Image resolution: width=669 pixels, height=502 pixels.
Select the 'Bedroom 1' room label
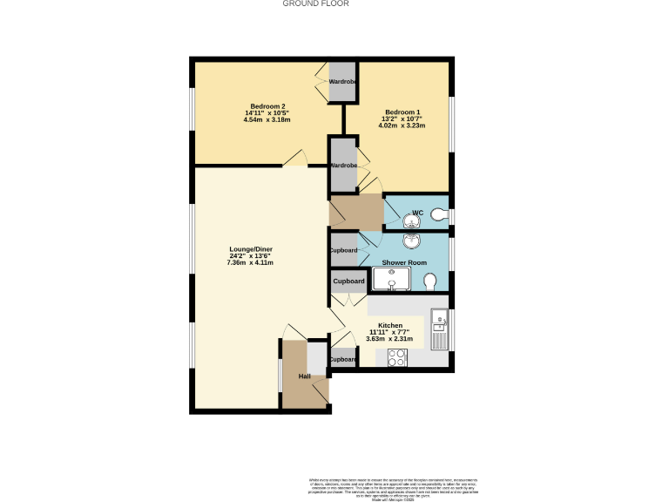tap(402, 112)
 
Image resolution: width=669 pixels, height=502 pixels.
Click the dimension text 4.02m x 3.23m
tap(402, 126)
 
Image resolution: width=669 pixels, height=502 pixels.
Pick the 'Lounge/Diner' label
tap(250, 248)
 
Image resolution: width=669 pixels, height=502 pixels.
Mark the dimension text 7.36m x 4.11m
tap(250, 262)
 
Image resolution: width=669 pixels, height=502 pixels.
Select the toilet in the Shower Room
tap(429, 281)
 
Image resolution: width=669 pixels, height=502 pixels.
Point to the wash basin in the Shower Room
tap(410, 241)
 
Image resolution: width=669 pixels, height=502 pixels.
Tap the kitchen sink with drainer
tap(439, 329)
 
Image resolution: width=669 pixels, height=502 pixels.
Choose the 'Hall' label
tap(305, 376)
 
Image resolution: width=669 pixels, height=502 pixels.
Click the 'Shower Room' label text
tap(403, 262)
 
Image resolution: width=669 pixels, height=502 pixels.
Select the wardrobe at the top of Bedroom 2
tap(342, 82)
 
